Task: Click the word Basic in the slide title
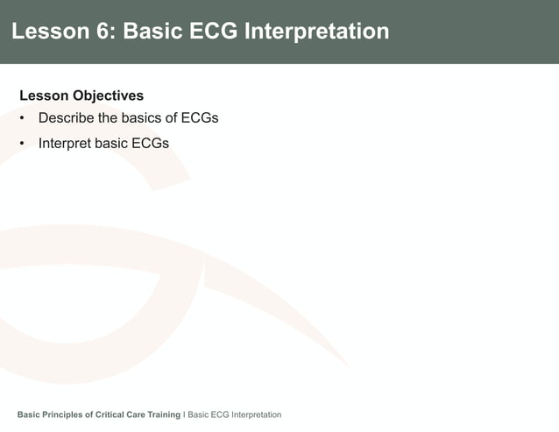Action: coord(152,32)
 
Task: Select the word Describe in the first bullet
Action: coord(67,118)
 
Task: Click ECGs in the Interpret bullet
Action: coord(150,143)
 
